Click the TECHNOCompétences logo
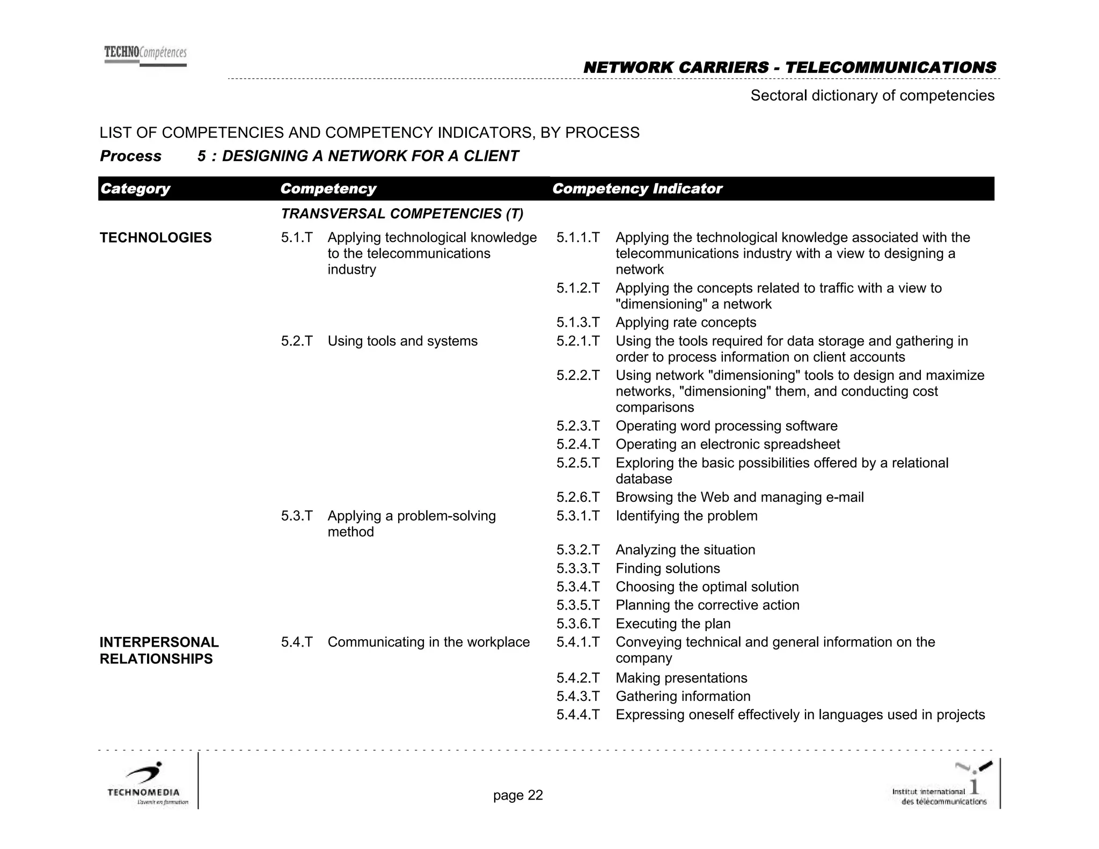145,56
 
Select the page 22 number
518,795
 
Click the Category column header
135,189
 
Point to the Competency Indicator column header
637,189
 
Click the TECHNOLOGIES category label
156,238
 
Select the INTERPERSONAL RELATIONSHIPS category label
159,650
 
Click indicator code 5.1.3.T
577,323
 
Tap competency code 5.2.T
296,341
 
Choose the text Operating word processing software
726,426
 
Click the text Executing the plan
673,624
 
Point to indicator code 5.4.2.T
577,678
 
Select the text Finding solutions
668,568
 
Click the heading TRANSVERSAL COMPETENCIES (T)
402,214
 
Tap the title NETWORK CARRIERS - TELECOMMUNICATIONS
789,68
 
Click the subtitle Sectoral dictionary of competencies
872,96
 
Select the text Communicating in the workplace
428,642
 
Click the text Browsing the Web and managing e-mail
739,497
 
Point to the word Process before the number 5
130,156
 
